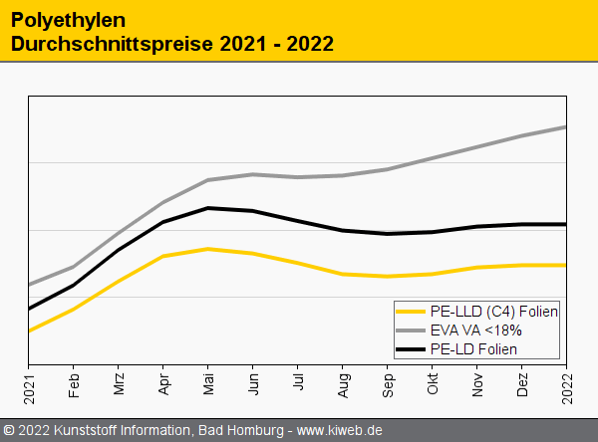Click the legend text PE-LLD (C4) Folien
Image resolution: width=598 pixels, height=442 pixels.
(x=494, y=311)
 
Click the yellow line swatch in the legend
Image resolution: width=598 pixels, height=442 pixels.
(x=412, y=312)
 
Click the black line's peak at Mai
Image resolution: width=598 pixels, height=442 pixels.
(x=208, y=208)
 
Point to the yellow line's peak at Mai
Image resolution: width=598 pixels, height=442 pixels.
(x=208, y=249)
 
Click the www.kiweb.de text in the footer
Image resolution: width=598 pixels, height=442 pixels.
(x=340, y=430)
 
